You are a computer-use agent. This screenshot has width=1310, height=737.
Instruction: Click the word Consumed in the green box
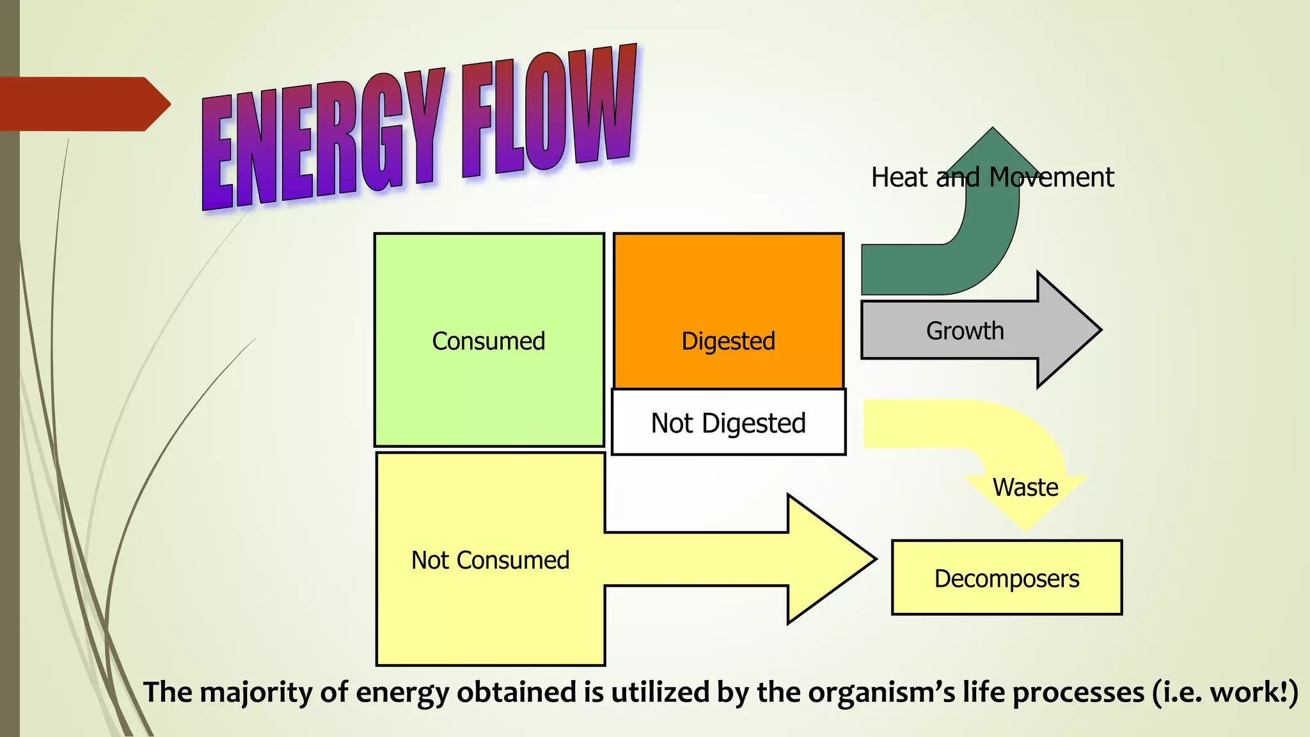point(489,341)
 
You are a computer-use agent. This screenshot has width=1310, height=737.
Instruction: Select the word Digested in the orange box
point(728,341)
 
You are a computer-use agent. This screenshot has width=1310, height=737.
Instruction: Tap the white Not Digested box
point(728,423)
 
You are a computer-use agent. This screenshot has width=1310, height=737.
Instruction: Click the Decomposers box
point(1006,578)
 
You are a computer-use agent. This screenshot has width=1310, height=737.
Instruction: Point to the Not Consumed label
point(490,560)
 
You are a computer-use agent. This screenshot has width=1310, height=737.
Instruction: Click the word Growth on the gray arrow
point(965,331)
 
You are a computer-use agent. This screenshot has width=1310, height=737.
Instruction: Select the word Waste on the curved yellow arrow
point(1025,487)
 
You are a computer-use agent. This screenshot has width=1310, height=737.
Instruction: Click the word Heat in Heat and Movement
point(899,177)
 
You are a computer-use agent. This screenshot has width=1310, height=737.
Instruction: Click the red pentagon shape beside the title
point(83,104)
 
